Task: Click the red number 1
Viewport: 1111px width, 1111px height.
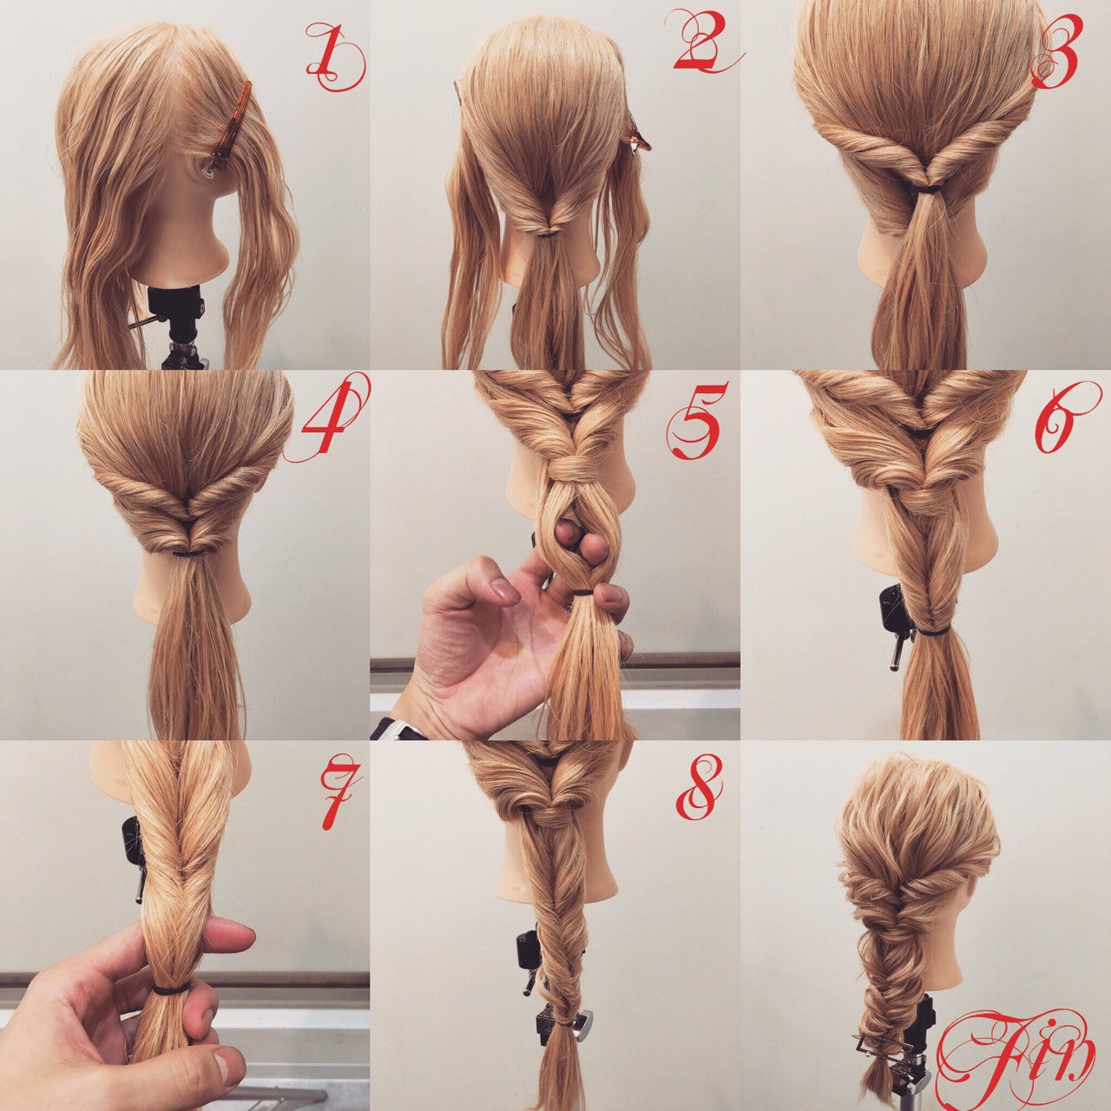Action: [x=333, y=57]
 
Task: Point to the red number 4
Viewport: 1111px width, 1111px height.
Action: [x=330, y=417]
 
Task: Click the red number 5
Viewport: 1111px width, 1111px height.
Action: [x=694, y=420]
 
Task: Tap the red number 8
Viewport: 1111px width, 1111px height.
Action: [x=699, y=787]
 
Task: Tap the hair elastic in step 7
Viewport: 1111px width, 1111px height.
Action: [x=171, y=989]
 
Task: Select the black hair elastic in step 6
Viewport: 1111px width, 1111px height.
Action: [x=930, y=632]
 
